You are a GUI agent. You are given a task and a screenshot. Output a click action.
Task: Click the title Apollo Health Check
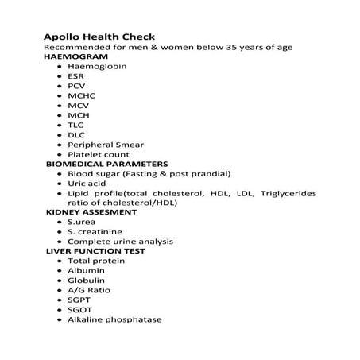coord(99,36)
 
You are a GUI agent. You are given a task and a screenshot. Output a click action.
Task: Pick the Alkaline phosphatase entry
coord(114,319)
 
